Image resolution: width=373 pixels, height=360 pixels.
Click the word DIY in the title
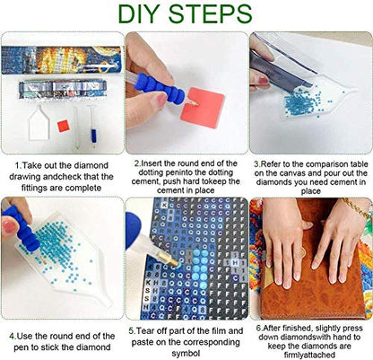pyautogui.click(x=141, y=14)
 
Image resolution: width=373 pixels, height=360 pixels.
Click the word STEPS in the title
pyautogui.click(x=211, y=14)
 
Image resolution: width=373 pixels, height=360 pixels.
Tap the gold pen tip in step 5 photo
pyautogui.click(x=170, y=260)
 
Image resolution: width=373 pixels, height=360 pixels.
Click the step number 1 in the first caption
pyautogui.click(x=18, y=165)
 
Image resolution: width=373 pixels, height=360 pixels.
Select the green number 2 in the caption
pyautogui.click(x=137, y=163)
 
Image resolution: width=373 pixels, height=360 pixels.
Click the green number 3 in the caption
pyautogui.click(x=256, y=164)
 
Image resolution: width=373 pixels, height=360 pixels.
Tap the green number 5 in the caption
pyautogui.click(x=132, y=331)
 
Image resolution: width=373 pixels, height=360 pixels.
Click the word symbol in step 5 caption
pyautogui.click(x=186, y=353)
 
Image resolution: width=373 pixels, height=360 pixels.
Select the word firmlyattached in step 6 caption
pyautogui.click(x=309, y=356)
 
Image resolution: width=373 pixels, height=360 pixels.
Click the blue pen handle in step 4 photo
pyautogui.click(x=22, y=227)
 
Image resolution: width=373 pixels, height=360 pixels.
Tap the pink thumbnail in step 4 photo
pyautogui.click(x=9, y=226)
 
